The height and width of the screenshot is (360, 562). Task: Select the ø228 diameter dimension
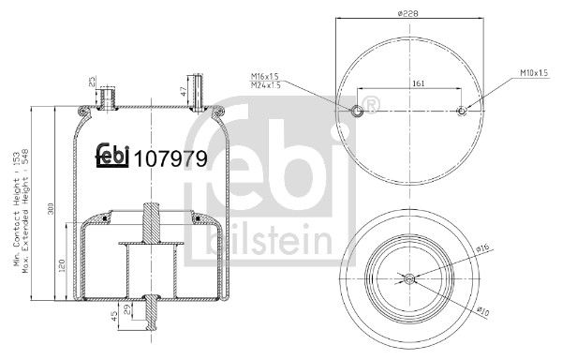click(408, 13)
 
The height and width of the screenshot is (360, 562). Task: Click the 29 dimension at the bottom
click(127, 309)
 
